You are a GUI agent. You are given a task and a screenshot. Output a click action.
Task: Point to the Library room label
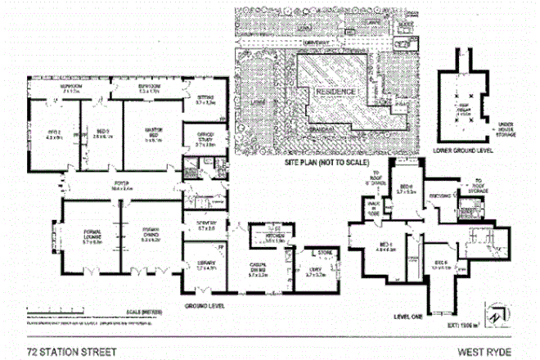click(x=205, y=265)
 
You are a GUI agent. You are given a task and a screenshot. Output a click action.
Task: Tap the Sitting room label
click(x=205, y=101)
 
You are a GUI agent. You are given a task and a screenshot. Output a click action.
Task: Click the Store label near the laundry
click(x=326, y=253)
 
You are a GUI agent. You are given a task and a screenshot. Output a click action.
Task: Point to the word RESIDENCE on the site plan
click(x=335, y=92)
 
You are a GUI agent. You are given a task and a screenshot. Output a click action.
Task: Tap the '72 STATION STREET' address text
click(x=71, y=352)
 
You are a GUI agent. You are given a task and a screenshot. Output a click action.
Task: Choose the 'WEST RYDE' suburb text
click(x=484, y=352)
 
